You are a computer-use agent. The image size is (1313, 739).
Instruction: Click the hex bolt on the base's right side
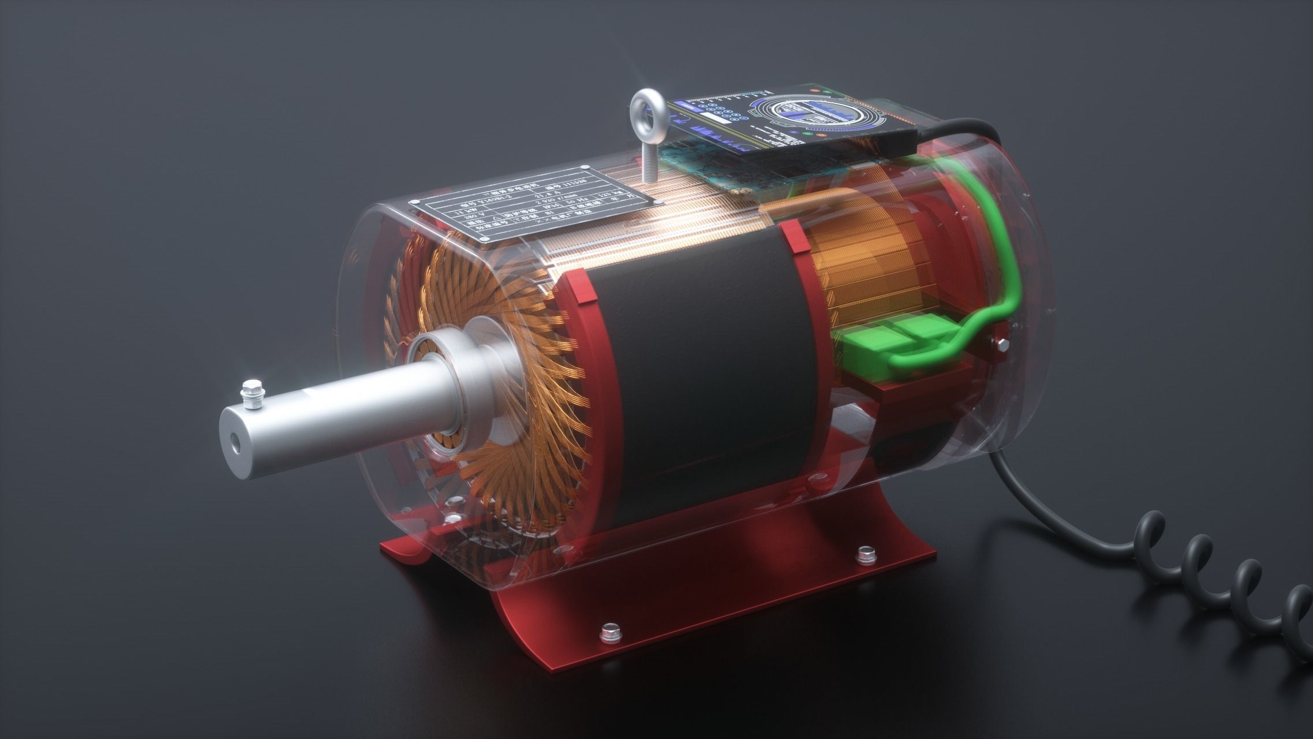point(865,555)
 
